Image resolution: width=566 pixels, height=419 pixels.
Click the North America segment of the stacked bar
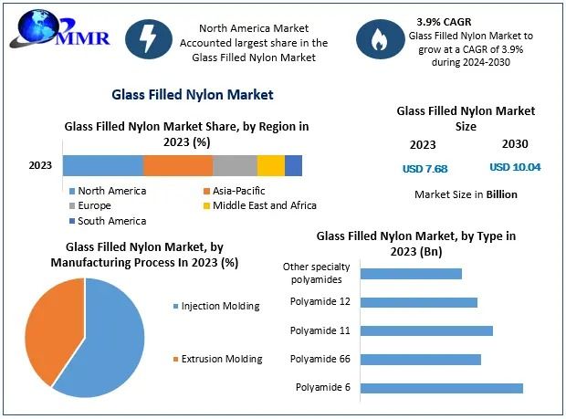103,165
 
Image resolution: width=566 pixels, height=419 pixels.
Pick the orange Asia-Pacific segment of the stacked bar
178,165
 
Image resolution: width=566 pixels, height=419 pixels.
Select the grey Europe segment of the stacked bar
235,165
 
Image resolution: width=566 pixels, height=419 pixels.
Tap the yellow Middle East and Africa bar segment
271,165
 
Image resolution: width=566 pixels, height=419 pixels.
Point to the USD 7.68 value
424,168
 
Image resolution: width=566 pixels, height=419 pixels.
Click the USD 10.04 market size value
515,167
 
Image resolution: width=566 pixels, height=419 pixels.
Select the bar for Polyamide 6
441,388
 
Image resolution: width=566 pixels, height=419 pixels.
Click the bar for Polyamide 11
426,330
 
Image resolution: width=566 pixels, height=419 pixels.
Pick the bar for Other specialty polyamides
411,273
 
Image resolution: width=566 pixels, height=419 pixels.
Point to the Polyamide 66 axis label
321,359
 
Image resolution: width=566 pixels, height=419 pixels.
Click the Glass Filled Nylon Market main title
192,94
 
